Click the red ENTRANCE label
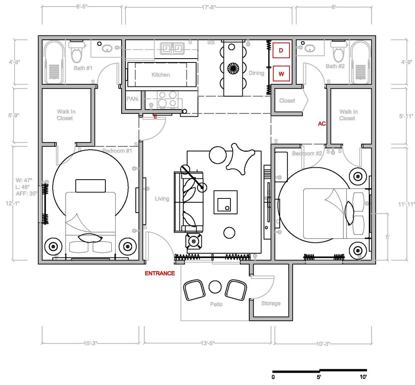159,273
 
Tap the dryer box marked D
281,50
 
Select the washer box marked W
281,73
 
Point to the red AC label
322,124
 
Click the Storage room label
271,303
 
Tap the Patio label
216,305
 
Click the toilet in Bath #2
338,52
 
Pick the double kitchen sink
172,48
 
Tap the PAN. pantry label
132,99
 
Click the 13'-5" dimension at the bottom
207,344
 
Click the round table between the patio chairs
214,287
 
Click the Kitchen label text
161,75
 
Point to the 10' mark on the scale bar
363,377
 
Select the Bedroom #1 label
117,151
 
